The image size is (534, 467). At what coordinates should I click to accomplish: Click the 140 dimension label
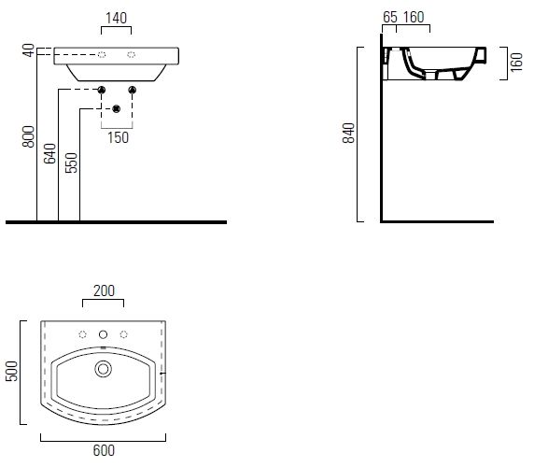116,19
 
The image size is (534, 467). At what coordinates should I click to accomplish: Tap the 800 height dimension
29,136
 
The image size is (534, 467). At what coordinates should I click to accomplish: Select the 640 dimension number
49,153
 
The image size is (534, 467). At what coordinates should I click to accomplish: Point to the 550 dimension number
71,163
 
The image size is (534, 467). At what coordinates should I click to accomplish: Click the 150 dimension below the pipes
119,137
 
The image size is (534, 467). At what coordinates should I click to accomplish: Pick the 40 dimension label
29,50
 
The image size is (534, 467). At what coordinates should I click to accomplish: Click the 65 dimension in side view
390,17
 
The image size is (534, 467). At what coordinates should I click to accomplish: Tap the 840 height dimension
348,133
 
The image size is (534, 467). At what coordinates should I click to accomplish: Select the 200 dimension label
105,290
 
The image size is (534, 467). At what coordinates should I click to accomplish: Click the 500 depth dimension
11,371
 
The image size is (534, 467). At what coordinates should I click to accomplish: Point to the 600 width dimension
104,450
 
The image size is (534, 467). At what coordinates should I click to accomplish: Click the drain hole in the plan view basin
104,369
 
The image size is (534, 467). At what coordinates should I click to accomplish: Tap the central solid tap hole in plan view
103,334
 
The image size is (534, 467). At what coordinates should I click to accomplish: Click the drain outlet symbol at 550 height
117,109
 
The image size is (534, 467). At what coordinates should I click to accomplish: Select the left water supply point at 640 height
102,90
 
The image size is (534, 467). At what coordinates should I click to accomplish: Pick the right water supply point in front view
133,90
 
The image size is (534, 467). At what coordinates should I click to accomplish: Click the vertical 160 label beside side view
516,62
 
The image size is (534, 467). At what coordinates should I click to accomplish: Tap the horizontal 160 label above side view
414,17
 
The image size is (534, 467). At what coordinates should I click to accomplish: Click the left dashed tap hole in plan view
82,334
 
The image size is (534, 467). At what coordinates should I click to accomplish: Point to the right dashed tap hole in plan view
123,334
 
